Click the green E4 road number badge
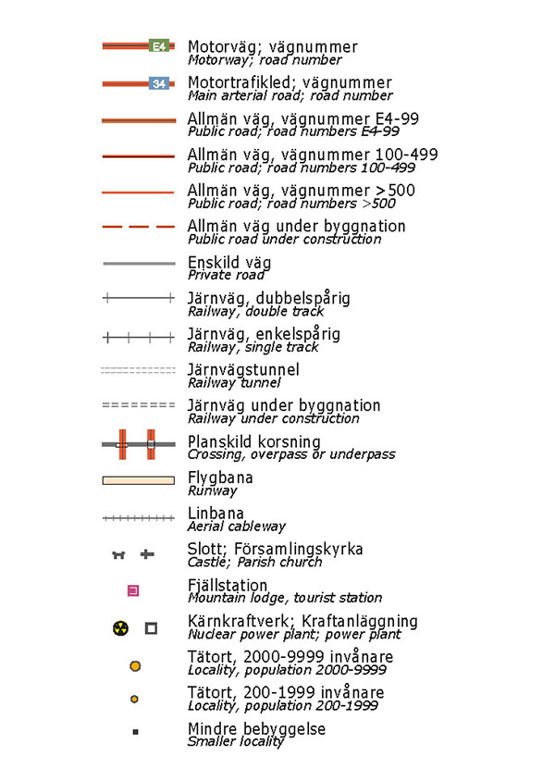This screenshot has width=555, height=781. click(159, 45)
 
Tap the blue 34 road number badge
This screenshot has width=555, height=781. click(159, 83)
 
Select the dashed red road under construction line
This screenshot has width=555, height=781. click(138, 227)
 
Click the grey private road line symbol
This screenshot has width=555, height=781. click(138, 263)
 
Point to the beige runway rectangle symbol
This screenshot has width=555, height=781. click(138, 479)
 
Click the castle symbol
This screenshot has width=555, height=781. click(118, 554)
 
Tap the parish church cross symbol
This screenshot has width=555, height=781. click(146, 554)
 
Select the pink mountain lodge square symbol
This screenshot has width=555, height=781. click(133, 590)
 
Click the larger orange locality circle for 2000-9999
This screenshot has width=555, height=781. click(135, 665)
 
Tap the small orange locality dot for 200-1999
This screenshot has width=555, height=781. click(135, 699)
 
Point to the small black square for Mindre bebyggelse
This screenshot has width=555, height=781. click(135, 732)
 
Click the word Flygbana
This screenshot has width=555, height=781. click(220, 478)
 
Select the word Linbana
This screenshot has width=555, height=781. click(216, 514)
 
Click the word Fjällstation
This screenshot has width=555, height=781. click(228, 586)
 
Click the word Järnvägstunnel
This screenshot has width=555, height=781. click(243, 370)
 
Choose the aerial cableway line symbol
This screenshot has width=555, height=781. click(138, 518)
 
